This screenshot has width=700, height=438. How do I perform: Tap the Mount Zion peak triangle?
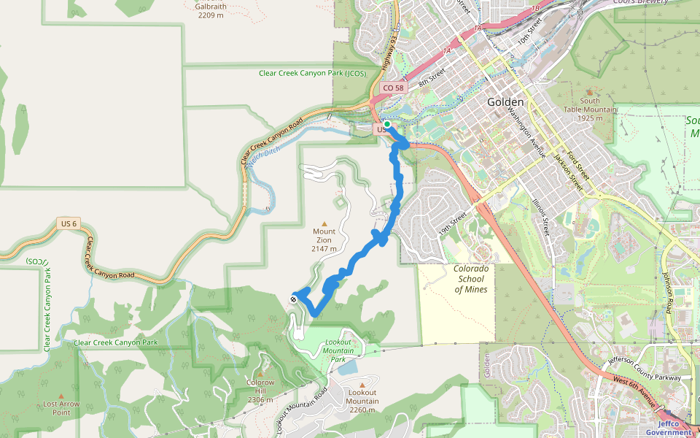coord(324,223)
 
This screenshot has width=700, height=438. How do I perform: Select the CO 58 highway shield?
coord(392,88)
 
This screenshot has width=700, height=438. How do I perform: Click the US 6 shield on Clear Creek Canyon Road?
coord(67,223)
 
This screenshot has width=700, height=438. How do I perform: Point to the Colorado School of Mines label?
coord(471,279)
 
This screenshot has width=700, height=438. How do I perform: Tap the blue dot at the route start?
coord(387,124)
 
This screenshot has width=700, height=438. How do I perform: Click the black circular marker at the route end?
coord(293,298)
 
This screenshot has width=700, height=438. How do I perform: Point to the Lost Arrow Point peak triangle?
coord(61,395)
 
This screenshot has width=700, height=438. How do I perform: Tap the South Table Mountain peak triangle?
coord(590,92)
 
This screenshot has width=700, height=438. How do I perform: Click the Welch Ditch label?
coord(263,155)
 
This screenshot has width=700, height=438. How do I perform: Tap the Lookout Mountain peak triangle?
coord(362,385)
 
